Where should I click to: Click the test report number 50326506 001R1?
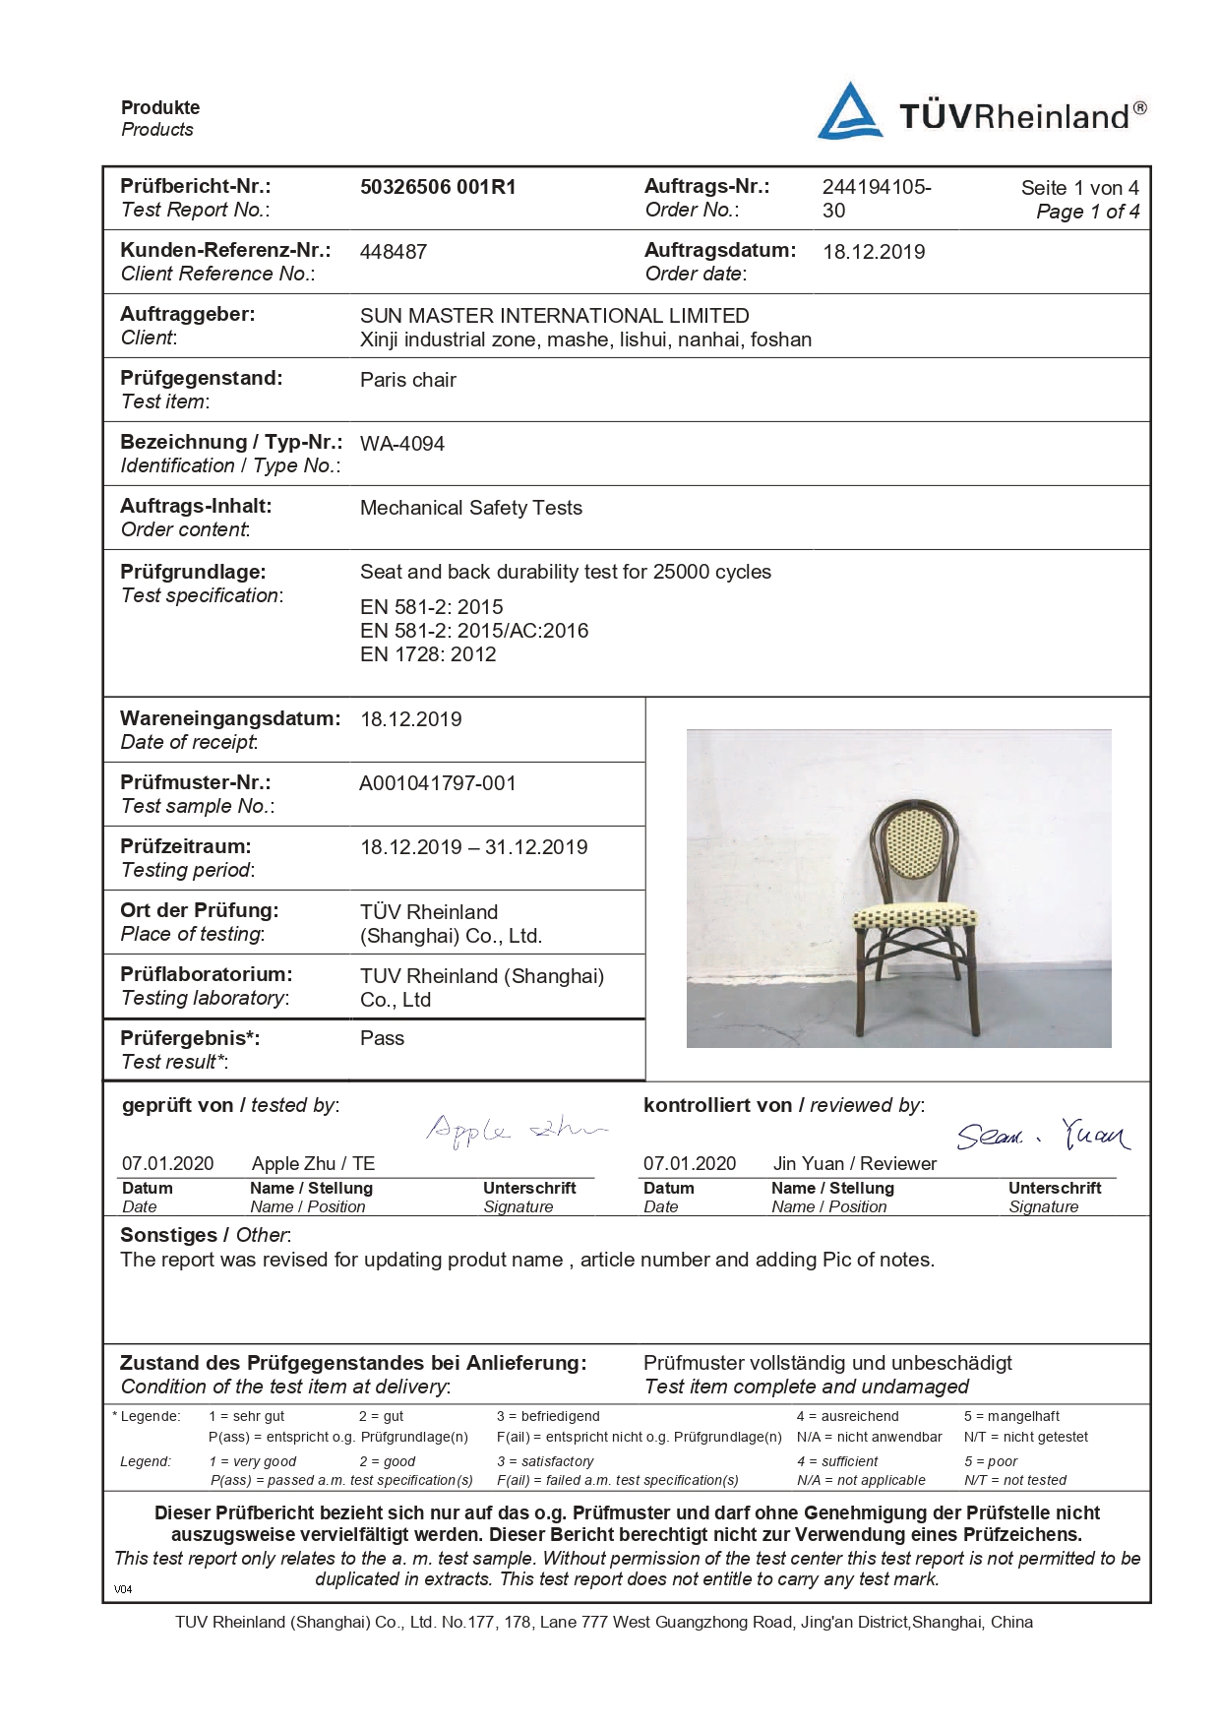[438, 187]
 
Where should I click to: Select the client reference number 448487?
[394, 252]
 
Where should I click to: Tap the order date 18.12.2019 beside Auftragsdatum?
[874, 252]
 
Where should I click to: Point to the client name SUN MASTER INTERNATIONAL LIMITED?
[554, 316]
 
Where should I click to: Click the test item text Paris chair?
[408, 380]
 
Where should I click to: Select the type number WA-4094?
[402, 444]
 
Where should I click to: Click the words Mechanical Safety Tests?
[470, 508]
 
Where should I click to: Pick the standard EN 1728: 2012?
[428, 654]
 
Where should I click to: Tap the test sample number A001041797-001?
[438, 783]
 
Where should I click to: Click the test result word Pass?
[382, 1038]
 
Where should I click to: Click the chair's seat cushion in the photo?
[914, 918]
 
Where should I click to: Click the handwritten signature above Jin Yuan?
[1043, 1136]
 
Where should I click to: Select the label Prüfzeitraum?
[186, 846]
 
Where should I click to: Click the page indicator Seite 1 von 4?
[1079, 188]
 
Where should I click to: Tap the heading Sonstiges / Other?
[205, 1235]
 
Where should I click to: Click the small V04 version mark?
[123, 1588]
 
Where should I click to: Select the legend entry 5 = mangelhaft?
[1011, 1416]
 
